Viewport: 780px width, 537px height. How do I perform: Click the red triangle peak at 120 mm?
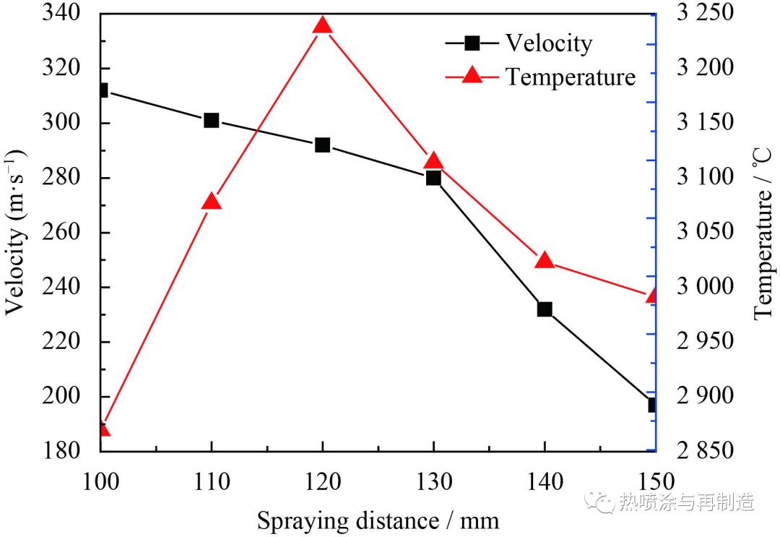click(322, 26)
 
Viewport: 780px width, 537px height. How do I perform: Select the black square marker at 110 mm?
click(211, 121)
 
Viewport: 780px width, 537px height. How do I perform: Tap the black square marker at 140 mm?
click(545, 309)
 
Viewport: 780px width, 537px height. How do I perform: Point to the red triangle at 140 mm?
click(545, 260)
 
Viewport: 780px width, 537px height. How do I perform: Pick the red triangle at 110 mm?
click(211, 202)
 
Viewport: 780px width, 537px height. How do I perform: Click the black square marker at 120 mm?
click(322, 145)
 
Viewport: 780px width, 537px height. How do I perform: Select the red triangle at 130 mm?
click(433, 161)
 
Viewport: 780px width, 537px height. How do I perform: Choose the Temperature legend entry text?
click(570, 77)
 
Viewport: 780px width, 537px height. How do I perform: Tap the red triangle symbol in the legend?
click(472, 75)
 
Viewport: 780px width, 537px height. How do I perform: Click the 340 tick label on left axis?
click(67, 14)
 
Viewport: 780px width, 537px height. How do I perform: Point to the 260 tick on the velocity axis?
click(67, 233)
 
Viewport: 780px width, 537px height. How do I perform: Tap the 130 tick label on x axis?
click(433, 481)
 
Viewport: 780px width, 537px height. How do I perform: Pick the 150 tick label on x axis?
click(654, 481)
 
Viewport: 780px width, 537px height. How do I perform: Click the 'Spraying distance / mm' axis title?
click(378, 520)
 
